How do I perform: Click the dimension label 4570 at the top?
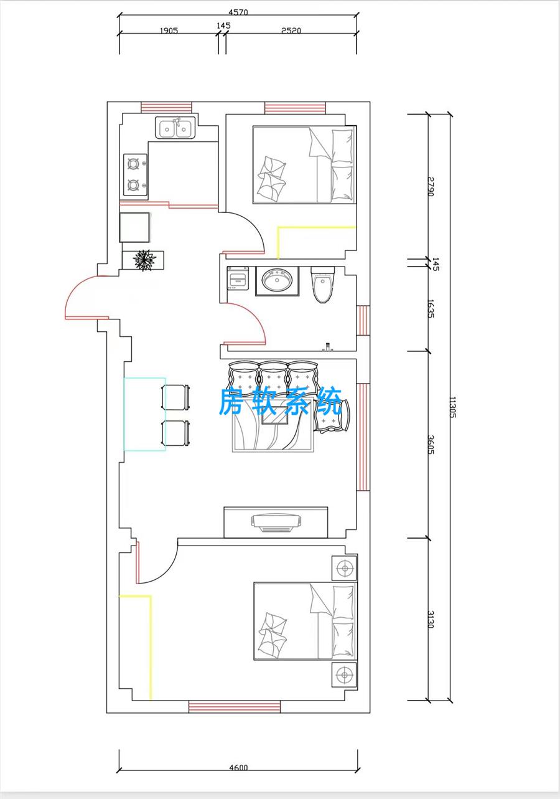[238, 12]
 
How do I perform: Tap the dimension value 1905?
[169, 31]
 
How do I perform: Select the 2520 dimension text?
[291, 31]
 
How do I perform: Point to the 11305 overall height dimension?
[452, 407]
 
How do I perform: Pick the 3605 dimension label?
[430, 445]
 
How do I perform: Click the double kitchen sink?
[175, 128]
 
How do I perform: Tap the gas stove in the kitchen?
[136, 175]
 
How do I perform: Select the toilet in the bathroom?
[322, 284]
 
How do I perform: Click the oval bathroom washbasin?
[278, 280]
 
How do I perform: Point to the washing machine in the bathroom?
[238, 278]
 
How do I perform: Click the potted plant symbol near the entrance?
[144, 259]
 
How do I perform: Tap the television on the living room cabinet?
[277, 523]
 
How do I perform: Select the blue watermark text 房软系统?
[281, 402]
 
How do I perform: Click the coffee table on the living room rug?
[275, 415]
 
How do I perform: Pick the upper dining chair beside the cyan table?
[175, 398]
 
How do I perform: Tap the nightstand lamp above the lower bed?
[344, 567]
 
